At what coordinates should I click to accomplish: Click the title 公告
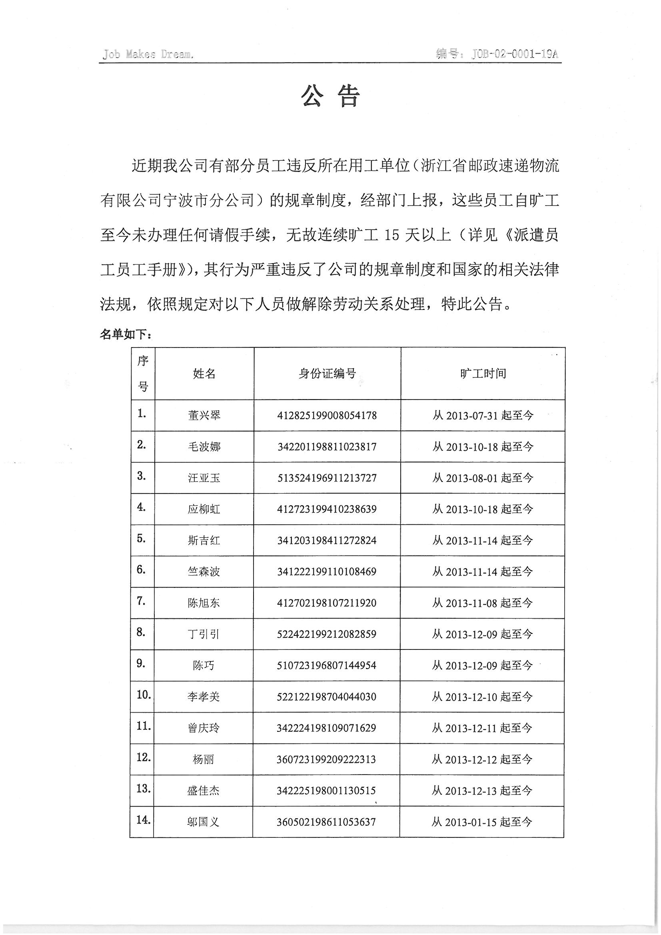tap(330, 96)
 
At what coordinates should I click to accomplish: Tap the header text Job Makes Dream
tap(148, 54)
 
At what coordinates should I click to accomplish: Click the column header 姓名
tap(204, 374)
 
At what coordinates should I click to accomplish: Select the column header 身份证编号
tap(327, 374)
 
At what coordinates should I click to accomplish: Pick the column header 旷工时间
tap(483, 374)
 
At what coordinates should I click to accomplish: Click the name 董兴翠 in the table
tap(204, 416)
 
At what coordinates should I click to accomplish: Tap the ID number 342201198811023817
tap(327, 447)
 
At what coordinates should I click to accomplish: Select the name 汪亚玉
tap(204, 477)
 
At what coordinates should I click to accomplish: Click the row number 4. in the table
tap(141, 507)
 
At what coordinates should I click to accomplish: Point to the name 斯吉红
tap(204, 540)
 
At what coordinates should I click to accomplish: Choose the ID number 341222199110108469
tap(327, 572)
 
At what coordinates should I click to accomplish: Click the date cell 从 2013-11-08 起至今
tap(483, 603)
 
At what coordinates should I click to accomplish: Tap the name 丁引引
tap(204, 634)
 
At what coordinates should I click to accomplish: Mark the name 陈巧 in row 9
tap(203, 665)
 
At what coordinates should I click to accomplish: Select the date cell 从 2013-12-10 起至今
tap(482, 697)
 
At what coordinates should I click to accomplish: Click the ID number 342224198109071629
tap(326, 728)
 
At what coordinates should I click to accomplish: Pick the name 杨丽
tap(203, 759)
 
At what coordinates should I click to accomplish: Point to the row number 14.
tap(144, 820)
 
